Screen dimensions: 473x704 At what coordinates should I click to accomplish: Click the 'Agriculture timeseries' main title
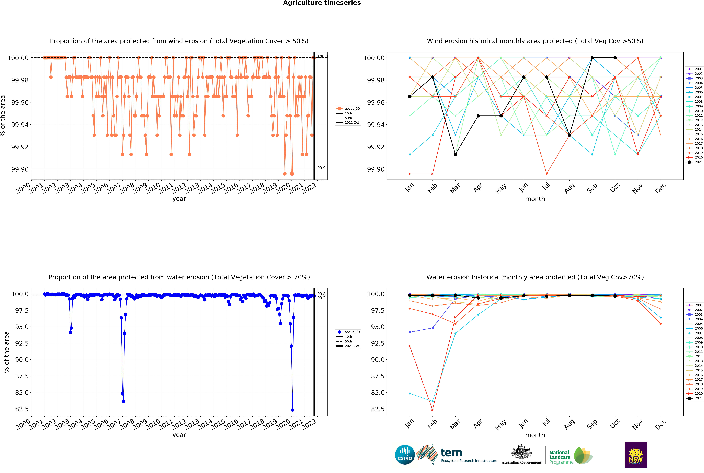[x=322, y=3]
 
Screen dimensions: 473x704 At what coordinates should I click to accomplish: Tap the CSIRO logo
[x=405, y=455]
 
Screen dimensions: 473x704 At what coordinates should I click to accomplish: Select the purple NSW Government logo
[x=635, y=455]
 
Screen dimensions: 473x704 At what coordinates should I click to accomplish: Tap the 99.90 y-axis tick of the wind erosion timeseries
[x=20, y=169]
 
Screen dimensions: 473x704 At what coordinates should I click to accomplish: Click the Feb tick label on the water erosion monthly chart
[x=432, y=424]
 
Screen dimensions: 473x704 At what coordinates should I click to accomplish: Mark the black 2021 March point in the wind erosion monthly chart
[x=455, y=154]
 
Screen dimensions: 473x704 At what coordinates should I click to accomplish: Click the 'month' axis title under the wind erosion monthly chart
[x=535, y=199]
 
